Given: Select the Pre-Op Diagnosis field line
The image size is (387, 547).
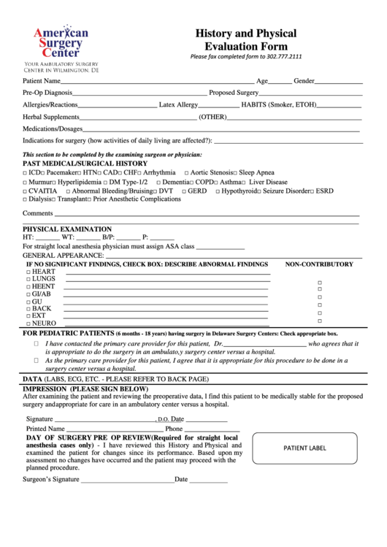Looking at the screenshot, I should tap(139, 93).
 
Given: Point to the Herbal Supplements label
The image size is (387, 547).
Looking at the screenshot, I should tap(50, 117).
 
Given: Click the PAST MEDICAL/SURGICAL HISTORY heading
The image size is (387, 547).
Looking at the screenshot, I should tap(85, 164).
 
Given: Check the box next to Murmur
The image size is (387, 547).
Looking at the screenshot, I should tap(26, 183).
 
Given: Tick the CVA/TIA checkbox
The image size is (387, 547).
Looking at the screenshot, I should tap(26, 191).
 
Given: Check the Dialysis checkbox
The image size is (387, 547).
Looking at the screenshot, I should tap(26, 199).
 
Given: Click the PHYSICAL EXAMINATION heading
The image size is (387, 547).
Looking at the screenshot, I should tap(67, 229).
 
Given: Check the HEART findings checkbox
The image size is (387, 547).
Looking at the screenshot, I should tap(28, 272).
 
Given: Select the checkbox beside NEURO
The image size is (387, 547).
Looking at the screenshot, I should tap(28, 324).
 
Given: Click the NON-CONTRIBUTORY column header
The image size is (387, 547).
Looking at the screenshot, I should tap(318, 264).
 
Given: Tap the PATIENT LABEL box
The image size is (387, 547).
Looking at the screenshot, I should tap(305, 448).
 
